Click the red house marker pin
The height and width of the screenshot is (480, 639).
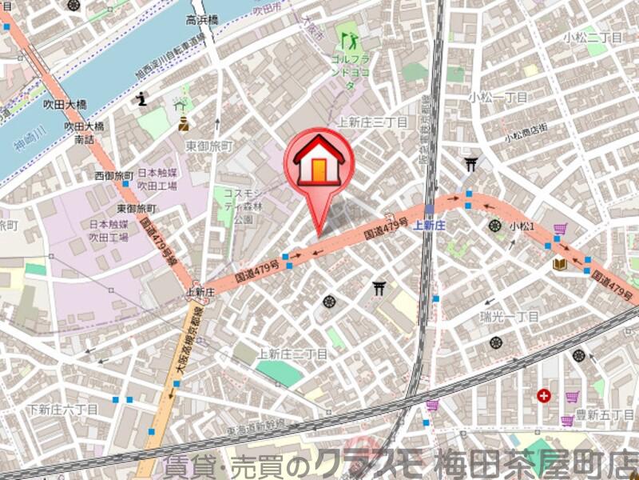pos(318,160)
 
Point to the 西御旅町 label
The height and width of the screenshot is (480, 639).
pos(114,175)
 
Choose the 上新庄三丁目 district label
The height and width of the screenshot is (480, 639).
pos(372,122)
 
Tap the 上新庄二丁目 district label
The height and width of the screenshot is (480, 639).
pos(292,353)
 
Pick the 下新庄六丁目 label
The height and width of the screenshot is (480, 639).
pos(62,409)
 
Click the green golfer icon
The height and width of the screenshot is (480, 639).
pos(348,36)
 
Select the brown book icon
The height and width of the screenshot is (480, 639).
pos(559,263)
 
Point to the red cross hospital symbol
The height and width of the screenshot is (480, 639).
pos(545,394)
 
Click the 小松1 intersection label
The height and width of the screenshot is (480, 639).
pos(522,226)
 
